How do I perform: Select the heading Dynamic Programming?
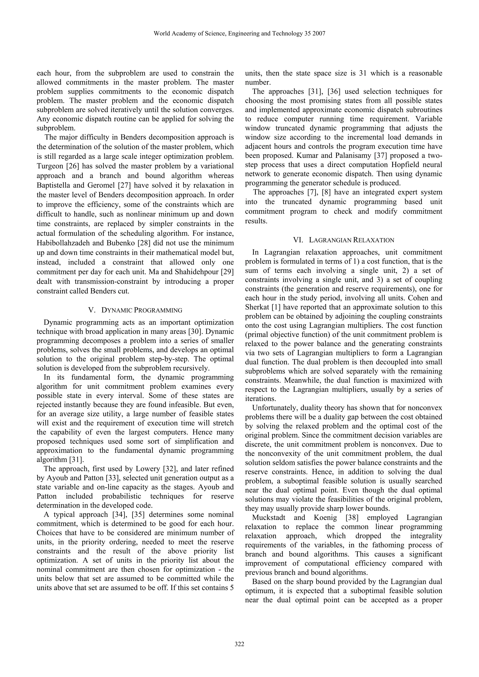[142, 310]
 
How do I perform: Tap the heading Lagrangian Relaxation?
[351, 240]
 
